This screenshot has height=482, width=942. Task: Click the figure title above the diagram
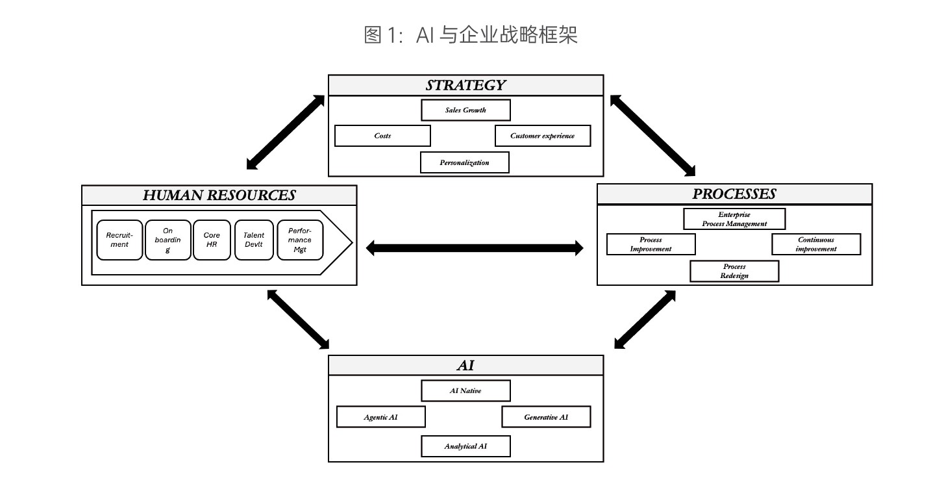[471, 35]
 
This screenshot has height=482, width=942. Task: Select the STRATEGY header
[465, 85]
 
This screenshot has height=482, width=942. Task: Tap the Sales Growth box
[465, 110]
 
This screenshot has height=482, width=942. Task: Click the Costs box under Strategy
[382, 136]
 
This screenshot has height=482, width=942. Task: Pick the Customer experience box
[542, 136]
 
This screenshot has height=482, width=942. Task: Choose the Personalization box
[464, 162]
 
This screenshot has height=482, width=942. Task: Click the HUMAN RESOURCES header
[219, 195]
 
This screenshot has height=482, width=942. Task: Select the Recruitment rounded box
[119, 240]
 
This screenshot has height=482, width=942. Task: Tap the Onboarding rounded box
[167, 240]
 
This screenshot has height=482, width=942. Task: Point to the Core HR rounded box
[212, 240]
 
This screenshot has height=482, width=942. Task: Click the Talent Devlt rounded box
[254, 240]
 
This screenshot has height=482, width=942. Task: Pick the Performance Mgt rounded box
[300, 240]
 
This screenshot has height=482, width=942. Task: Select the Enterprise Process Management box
[734, 219]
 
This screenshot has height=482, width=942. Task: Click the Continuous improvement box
[816, 244]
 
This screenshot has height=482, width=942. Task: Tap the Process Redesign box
[734, 271]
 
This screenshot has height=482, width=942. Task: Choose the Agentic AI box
[380, 417]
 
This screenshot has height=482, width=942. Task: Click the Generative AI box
[546, 417]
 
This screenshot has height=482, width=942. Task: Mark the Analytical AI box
[465, 446]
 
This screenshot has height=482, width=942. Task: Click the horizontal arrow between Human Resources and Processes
[475, 247]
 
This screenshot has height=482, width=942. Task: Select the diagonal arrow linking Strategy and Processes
[652, 136]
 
